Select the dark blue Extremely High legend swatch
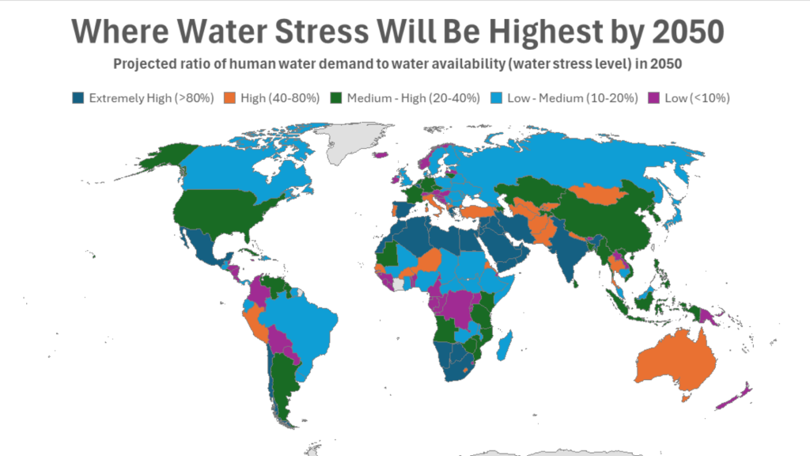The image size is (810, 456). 78,98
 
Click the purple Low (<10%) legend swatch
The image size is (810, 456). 653,98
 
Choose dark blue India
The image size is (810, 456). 570,253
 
